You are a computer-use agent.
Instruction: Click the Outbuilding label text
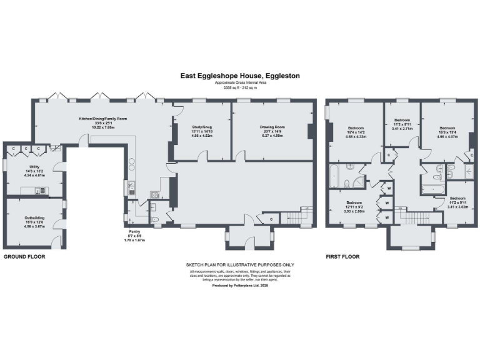tap(34, 219)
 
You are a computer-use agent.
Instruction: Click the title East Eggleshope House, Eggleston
tap(240, 76)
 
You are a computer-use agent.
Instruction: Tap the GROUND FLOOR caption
tap(24, 257)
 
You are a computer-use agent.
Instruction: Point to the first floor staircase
tap(411, 217)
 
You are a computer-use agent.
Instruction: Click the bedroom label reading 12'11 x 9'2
tap(354, 205)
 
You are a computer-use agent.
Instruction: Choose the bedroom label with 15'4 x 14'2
tap(356, 131)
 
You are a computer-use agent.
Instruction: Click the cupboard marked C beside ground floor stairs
tap(271, 219)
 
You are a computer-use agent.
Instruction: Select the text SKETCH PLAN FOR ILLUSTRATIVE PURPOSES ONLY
tap(240, 265)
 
